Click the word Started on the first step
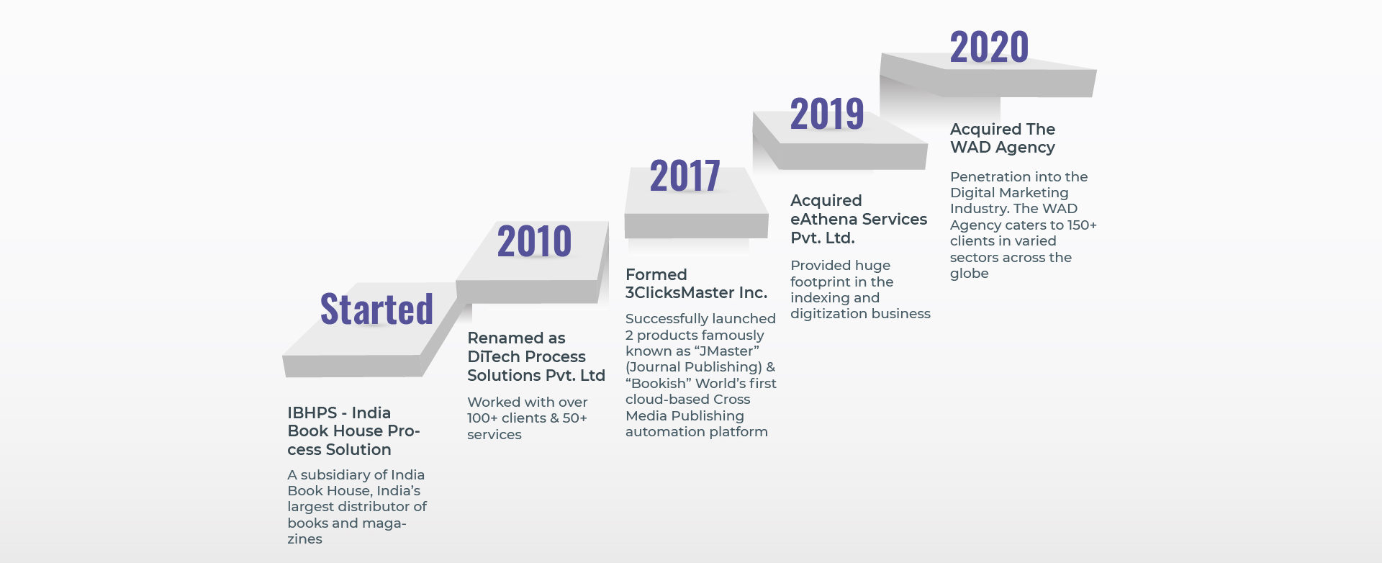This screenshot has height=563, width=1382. point(376,309)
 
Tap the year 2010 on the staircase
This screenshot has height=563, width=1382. point(534,241)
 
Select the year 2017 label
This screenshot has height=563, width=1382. point(685,176)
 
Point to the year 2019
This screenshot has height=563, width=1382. point(827,114)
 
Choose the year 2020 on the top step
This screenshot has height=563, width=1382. point(989,47)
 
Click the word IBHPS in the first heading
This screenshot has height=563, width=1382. point(312,413)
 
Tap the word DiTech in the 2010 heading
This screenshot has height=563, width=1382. point(494,356)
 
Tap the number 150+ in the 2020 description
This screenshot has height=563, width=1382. point(1082,225)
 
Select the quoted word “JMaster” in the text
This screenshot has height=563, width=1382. point(726,351)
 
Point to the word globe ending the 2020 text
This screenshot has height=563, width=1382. point(970,274)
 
